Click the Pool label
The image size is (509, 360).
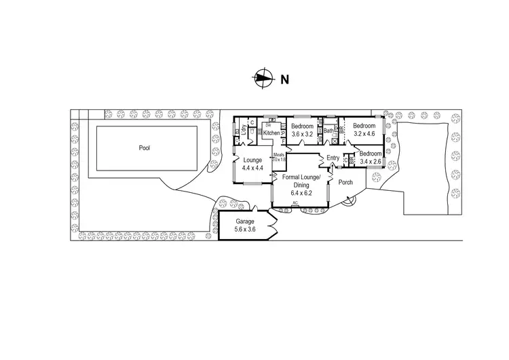point(144,147)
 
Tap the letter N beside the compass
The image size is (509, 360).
point(285,79)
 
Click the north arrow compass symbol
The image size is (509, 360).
point(261,79)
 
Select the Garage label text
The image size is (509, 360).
point(245,222)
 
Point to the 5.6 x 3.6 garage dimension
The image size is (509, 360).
point(245,230)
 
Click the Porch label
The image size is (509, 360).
point(345,181)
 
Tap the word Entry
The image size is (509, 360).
point(333,158)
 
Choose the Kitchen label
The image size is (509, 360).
point(271,133)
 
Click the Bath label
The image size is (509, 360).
point(328,130)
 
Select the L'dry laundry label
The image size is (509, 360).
point(244,131)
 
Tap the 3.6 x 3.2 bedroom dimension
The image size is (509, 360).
point(302,134)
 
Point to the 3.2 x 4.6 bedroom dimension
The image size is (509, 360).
point(364,134)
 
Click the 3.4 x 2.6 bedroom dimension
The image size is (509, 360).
point(371,162)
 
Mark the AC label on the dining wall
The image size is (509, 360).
point(295,203)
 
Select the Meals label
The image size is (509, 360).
point(278,155)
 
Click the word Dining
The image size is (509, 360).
point(299,185)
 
